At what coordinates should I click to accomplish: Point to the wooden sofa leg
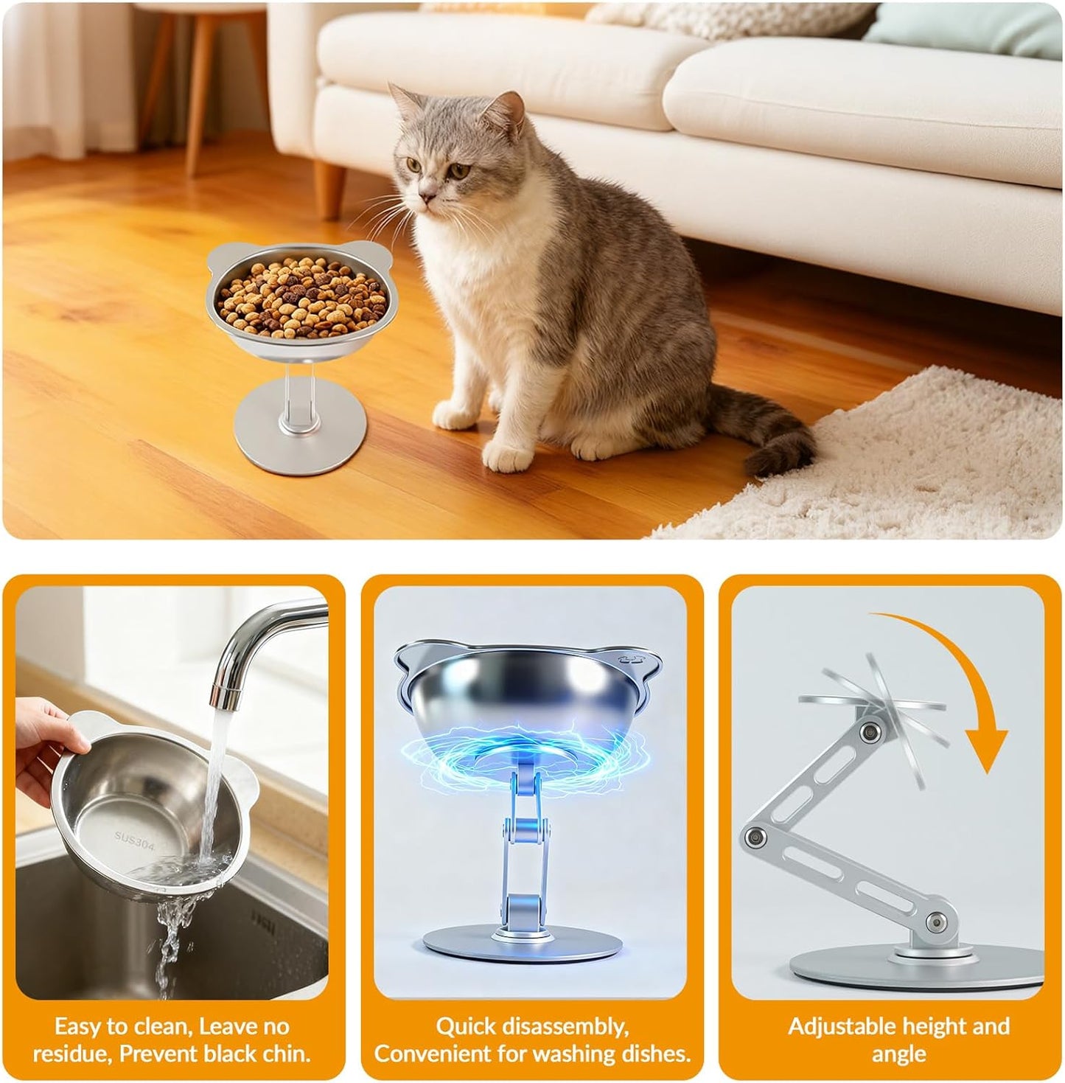[x=329, y=185]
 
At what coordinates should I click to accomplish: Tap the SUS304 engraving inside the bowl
[x=134, y=840]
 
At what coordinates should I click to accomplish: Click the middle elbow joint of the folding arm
[x=753, y=837]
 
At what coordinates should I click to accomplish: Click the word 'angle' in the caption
[x=898, y=1053]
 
